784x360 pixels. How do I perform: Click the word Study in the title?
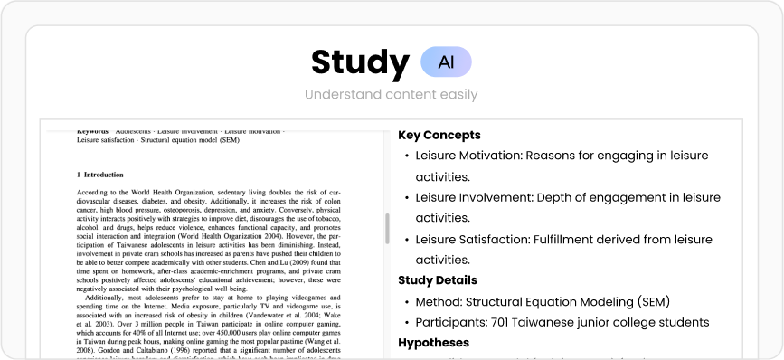(x=360, y=62)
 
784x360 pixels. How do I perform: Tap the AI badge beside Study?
(x=446, y=62)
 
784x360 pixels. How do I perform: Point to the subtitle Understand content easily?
(x=391, y=94)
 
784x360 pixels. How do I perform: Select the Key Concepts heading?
(x=439, y=135)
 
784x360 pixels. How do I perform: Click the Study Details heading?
(x=438, y=280)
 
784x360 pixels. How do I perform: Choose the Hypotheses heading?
(x=434, y=343)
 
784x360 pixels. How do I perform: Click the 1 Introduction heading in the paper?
(x=100, y=174)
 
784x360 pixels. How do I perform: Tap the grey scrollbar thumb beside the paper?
(x=388, y=228)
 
